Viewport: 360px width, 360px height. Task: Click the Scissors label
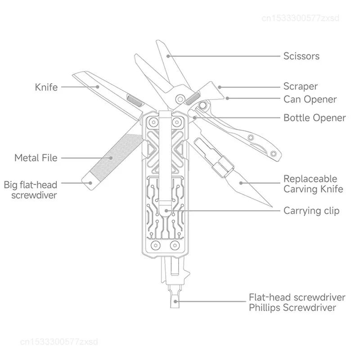coord(301,56)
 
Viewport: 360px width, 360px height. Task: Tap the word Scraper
coord(300,86)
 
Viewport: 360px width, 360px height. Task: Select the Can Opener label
coord(310,99)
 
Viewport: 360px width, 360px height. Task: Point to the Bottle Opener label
coord(314,118)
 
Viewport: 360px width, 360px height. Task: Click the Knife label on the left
coord(46,87)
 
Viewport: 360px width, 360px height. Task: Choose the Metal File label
coord(36,158)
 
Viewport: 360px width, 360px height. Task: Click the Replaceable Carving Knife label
coord(313,184)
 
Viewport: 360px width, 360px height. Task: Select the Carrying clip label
coord(311,210)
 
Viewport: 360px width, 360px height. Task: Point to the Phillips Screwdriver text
coord(292,308)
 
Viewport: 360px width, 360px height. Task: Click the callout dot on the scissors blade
coord(168,56)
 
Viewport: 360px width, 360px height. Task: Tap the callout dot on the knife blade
coord(97,87)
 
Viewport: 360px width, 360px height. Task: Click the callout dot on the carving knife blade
coord(241,183)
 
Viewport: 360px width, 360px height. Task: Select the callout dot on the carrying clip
coord(166,210)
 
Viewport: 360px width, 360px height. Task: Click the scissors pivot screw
coord(180,98)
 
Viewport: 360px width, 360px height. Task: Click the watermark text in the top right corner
coord(300,18)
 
